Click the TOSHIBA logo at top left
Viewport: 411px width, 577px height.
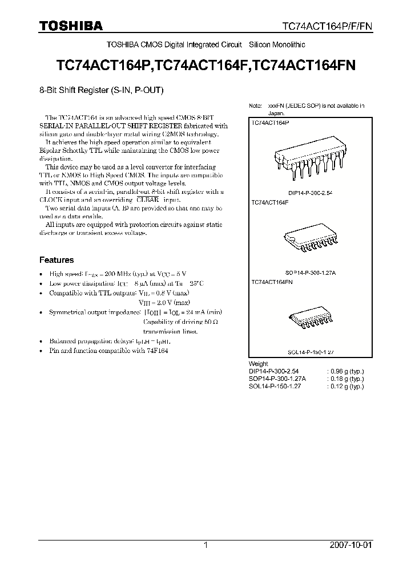coord(71,26)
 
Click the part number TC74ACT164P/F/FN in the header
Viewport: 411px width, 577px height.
coord(331,26)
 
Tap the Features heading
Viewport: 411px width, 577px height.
coord(57,260)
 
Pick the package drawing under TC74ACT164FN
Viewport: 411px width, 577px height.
coord(308,324)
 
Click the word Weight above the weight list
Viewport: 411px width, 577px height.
coord(259,364)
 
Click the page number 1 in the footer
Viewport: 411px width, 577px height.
coord(205,545)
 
